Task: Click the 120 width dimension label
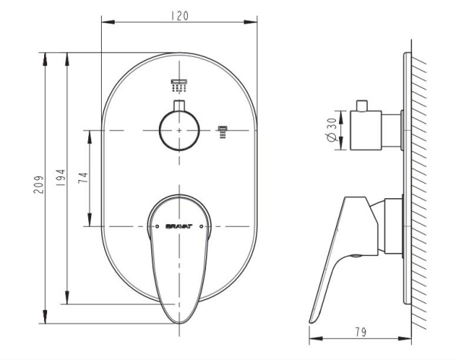click(x=179, y=14)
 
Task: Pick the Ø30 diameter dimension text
click(x=331, y=131)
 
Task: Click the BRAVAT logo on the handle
click(x=179, y=226)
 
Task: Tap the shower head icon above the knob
click(x=179, y=83)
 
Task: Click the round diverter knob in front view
click(x=179, y=131)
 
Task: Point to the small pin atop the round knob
click(x=179, y=105)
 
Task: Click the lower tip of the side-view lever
click(x=314, y=318)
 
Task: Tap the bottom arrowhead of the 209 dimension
click(x=48, y=317)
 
